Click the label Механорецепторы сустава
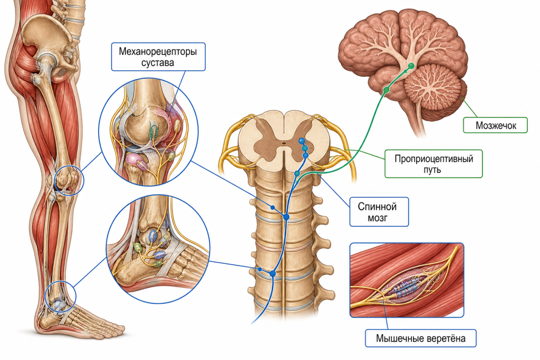pyautogui.click(x=158, y=57)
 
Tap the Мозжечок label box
pyautogui.click(x=495, y=125)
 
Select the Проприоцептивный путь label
pyautogui.click(x=433, y=164)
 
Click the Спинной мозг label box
pyautogui.click(x=379, y=212)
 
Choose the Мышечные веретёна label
pyautogui.click(x=421, y=338)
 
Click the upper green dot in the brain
pyautogui.click(x=411, y=66)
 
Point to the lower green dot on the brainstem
pyautogui.click(x=386, y=90)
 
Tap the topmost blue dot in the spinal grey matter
pyautogui.click(x=301, y=140)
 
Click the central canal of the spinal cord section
pyautogui.click(x=284, y=143)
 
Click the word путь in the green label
pyautogui.click(x=433, y=170)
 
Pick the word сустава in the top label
pyautogui.click(x=157, y=63)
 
